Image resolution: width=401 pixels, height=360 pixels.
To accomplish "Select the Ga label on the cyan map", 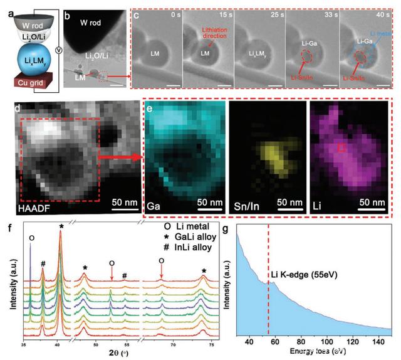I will click(154, 205).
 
